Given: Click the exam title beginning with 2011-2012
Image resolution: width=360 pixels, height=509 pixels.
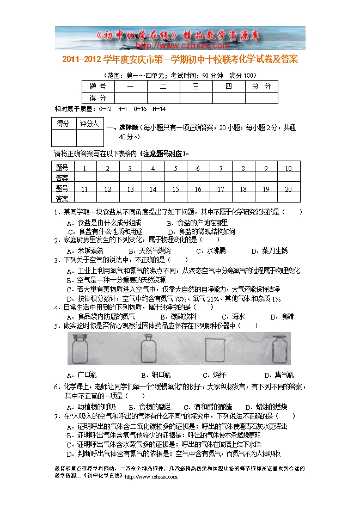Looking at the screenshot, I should pyautogui.click(x=180, y=59).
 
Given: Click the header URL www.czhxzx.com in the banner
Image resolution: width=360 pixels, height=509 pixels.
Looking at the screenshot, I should pyautogui.click(x=180, y=46).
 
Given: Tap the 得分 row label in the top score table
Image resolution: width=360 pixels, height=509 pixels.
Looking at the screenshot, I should pyautogui.click(x=97, y=98).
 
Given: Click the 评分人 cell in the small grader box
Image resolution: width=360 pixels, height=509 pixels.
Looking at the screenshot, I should pyautogui.click(x=89, y=124).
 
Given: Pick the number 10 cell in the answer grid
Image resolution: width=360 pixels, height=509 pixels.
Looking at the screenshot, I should pyautogui.click(x=288, y=168).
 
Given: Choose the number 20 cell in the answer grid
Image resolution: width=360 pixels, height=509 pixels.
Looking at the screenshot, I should pyautogui.click(x=288, y=189).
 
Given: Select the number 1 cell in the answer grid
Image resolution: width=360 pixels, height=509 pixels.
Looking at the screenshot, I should pyautogui.click(x=86, y=168).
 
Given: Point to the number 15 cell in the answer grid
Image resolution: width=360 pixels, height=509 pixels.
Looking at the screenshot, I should pyautogui.click(x=175, y=189).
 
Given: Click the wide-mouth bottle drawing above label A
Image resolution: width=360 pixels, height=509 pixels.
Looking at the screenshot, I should pyautogui.click(x=82, y=349).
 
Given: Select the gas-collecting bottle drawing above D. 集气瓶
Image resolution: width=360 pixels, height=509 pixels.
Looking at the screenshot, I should pyautogui.click(x=279, y=349).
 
